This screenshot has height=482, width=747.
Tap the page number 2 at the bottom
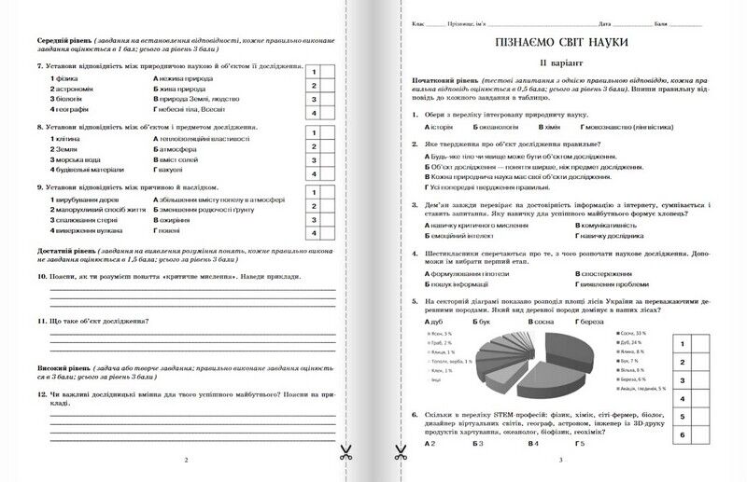pos(186,461)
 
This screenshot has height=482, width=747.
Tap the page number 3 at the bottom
pos(559,461)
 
